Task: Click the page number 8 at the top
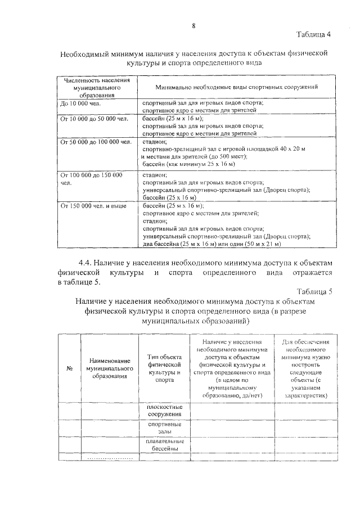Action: pyautogui.click(x=193, y=26)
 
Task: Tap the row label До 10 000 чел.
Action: pyautogui.click(x=80, y=103)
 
